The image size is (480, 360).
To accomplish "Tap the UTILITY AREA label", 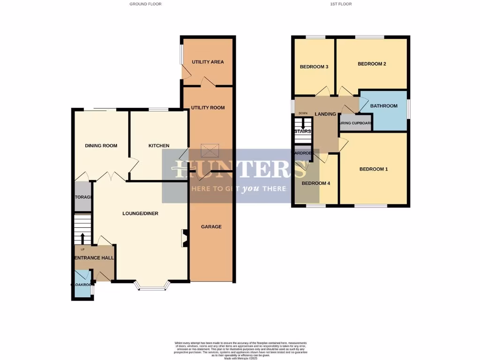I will (208, 62).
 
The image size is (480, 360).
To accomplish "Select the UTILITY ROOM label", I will (208, 108).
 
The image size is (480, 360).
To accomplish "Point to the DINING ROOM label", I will (101, 146).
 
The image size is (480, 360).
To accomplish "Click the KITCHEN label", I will (159, 146).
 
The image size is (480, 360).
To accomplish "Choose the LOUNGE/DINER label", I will (140, 214).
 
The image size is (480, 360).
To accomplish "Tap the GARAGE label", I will (211, 227).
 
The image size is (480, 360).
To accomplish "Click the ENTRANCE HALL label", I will (94, 258).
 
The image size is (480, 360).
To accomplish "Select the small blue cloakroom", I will (82, 284).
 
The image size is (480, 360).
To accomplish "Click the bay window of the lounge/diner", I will (152, 286).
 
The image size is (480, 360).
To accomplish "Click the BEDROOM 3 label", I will (314, 67).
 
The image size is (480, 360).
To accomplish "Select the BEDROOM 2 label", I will (372, 64).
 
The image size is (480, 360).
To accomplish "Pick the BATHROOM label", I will (383, 106).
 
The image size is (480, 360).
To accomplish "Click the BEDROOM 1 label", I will (374, 169).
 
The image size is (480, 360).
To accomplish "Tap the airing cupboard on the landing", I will (355, 123).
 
